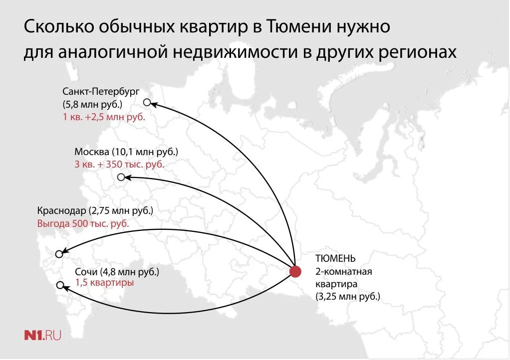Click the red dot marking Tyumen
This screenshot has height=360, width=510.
coord(295,272)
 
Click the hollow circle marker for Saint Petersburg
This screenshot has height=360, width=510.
coord(147,102)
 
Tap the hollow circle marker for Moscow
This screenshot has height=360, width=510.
coord(121,177)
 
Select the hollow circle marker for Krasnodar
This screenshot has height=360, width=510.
coord(59,254)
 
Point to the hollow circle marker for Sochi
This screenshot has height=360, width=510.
coord(60,285)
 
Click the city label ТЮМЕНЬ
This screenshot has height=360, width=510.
coord(335,258)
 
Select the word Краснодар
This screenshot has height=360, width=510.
coord(61,210)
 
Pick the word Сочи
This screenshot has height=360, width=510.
coord(86,272)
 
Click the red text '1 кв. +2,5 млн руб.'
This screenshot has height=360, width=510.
coord(104,117)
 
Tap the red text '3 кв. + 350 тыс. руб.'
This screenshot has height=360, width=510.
coord(119,164)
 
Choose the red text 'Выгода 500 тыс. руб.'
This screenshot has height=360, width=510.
coord(83,223)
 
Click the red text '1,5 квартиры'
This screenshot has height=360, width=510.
coord(104,283)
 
